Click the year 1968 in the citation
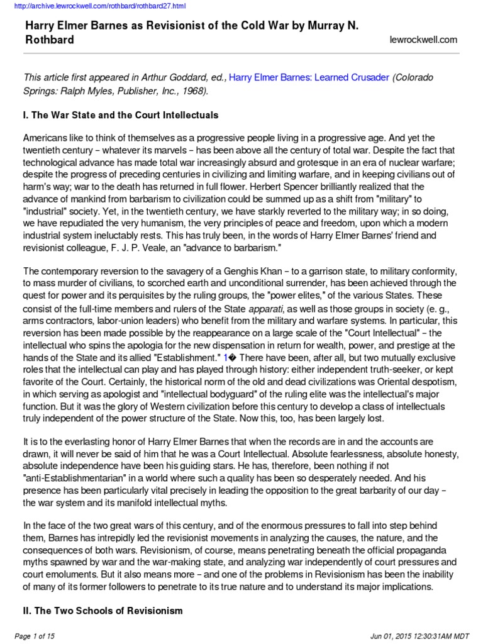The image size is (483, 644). pos(189,90)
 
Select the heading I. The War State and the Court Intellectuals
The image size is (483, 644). pos(121,116)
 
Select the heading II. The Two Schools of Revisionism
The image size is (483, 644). pos(103,611)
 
